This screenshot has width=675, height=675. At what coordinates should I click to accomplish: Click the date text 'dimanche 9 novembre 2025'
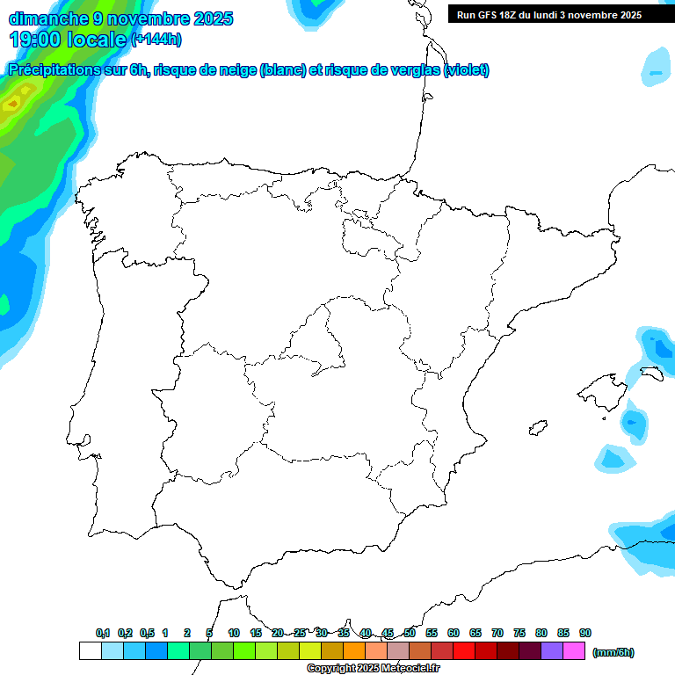(x=120, y=18)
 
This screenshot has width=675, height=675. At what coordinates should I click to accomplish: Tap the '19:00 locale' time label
(x=67, y=39)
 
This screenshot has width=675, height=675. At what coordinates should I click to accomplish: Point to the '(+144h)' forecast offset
(x=156, y=40)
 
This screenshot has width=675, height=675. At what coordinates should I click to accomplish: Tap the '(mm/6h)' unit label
(x=613, y=652)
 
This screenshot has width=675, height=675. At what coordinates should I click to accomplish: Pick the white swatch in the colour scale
(x=90, y=651)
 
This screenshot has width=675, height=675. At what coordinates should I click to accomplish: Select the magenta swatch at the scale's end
(x=574, y=651)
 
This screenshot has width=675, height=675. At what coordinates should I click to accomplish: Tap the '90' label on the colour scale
(x=585, y=633)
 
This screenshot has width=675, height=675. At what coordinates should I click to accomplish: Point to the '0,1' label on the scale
(x=103, y=633)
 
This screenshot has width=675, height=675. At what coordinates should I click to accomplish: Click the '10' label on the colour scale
(x=234, y=633)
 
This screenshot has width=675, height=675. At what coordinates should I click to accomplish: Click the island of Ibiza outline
(x=538, y=428)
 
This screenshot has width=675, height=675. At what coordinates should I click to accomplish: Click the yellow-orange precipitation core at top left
(x=11, y=105)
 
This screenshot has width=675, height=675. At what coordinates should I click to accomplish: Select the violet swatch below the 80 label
(x=552, y=651)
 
